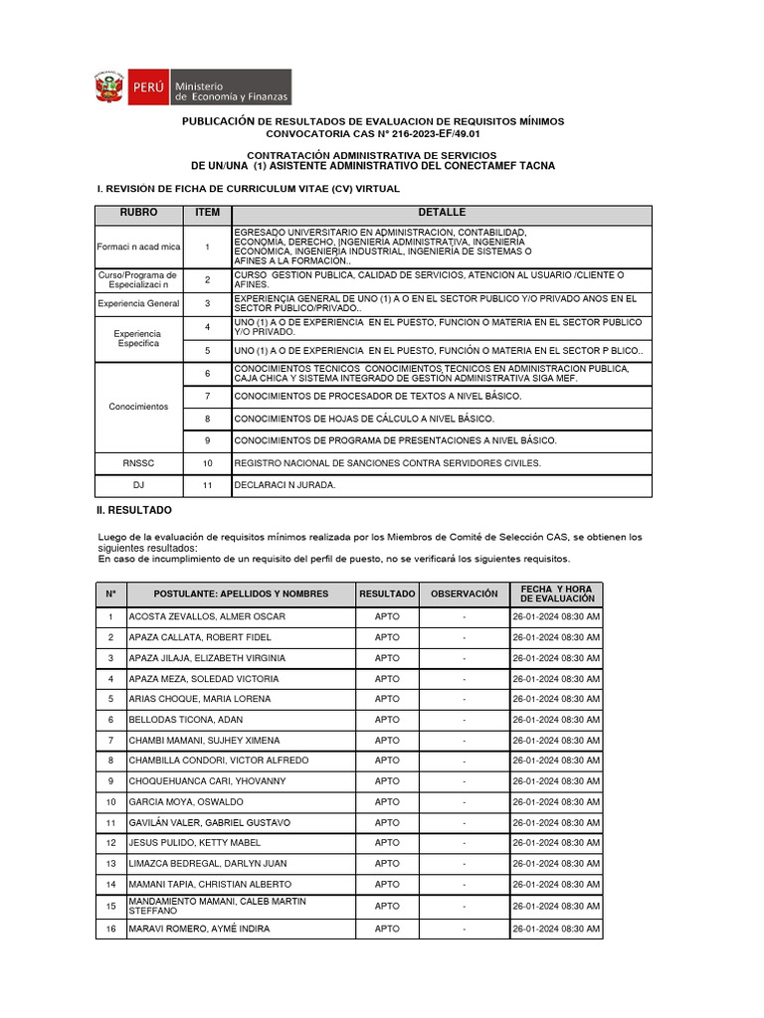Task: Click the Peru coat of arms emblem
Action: [107, 87]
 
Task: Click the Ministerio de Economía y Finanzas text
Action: [231, 90]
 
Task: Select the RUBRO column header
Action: [139, 214]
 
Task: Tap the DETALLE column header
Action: [442, 214]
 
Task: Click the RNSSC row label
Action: [139, 463]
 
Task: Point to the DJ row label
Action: [139, 485]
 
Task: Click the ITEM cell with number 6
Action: [208, 374]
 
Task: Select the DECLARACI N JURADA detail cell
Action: [285, 485]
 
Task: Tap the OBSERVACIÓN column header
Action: [464, 594]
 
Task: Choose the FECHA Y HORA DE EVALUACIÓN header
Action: [556, 594]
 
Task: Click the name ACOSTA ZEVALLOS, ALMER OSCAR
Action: [207, 617]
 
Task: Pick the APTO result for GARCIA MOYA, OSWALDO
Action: [387, 802]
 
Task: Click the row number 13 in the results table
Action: [111, 863]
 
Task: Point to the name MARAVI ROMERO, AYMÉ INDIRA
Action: [199, 930]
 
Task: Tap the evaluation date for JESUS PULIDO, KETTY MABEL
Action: [556, 843]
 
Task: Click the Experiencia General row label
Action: [139, 304]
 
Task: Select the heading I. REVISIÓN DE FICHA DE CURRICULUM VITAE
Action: [248, 188]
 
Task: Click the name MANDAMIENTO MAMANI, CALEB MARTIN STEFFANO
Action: [218, 906]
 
